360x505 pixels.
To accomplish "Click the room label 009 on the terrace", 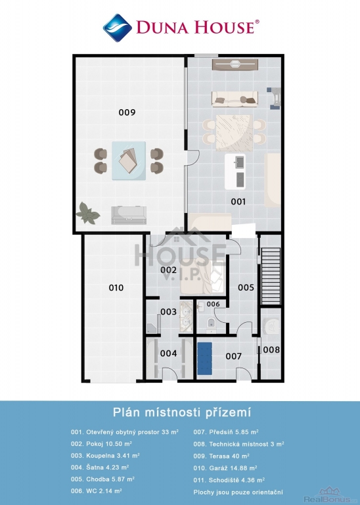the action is pos(127,112).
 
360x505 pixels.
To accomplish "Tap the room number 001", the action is pos(238,202).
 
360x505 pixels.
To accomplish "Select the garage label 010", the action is pos(116,287).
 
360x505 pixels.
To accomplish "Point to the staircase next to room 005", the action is pos(271,276).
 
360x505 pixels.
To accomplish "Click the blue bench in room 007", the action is pos(204,358).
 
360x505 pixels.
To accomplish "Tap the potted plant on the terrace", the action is pos(88,213).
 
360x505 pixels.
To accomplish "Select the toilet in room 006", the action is pos(211,323).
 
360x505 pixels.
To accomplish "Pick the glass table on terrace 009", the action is pos(129,160).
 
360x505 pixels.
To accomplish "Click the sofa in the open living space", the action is pos(235,99).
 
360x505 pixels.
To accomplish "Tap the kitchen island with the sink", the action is pos(235,172).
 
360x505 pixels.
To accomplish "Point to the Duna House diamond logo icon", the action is pos(118,28).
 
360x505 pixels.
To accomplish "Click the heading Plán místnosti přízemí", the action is pos(182,412).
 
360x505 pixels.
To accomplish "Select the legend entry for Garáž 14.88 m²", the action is pos(225,468).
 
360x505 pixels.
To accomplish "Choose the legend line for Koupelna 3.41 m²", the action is pos(105,456).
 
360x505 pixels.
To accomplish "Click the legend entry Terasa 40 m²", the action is pos(221,456).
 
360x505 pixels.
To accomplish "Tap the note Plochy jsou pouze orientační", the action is pos(238,492).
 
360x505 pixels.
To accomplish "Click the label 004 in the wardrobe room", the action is pos(168,353).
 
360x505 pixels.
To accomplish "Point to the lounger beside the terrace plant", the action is pos(129,215).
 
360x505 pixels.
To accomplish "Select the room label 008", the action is pos(271,349).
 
